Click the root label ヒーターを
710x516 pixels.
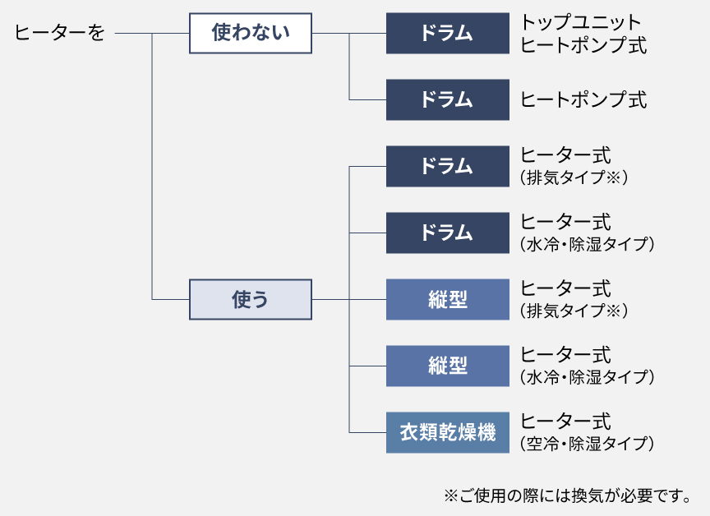point(60,34)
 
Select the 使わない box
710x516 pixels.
point(251,34)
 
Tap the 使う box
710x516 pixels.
point(251,299)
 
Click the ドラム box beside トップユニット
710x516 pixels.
point(448,34)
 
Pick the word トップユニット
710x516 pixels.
point(580,22)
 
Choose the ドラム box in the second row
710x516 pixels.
point(448,99)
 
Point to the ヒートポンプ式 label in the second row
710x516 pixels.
point(583,99)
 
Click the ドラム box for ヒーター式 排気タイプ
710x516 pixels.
point(448,166)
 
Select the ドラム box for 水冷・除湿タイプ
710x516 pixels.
point(448,233)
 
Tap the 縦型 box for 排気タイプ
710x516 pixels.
point(448,299)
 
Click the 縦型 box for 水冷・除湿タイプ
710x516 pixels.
point(448,366)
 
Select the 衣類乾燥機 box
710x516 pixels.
point(448,432)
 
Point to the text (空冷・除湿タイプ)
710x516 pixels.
point(587,444)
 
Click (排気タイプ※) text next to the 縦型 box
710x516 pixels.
point(574,311)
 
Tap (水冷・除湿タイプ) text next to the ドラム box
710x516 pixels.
point(587,244)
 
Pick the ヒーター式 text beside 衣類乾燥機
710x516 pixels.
point(566,422)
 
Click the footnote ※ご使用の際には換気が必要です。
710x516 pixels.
point(566,495)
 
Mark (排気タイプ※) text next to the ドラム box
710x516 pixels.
point(574,177)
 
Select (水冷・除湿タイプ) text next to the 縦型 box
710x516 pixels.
point(587,377)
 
